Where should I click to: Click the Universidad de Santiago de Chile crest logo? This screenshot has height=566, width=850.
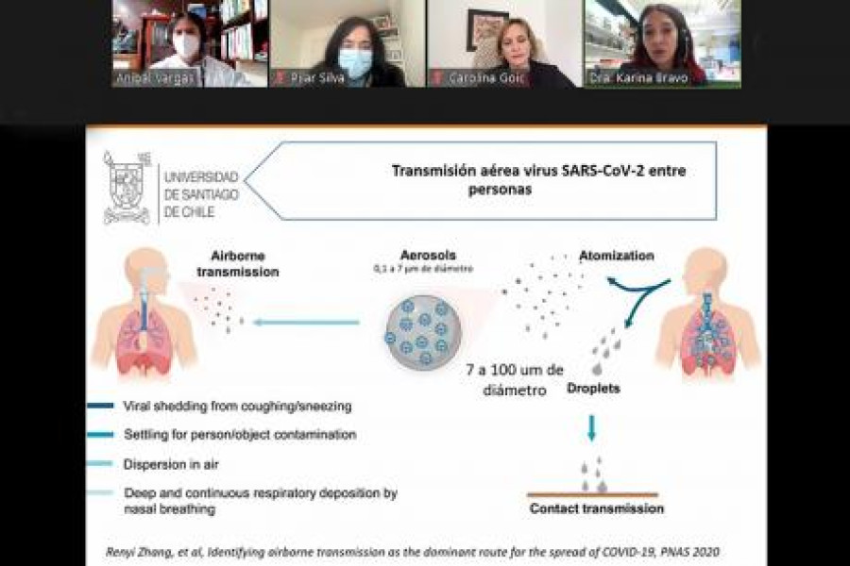[127, 189]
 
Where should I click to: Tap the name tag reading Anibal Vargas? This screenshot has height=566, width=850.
[155, 78]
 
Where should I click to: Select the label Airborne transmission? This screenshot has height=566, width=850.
[237, 263]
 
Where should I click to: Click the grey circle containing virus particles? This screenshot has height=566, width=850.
[421, 331]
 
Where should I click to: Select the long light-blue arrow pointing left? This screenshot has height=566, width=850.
[307, 323]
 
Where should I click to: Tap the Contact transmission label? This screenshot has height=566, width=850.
[596, 508]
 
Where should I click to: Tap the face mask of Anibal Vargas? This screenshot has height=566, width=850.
[186, 45]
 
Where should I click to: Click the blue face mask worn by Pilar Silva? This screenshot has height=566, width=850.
[355, 63]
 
